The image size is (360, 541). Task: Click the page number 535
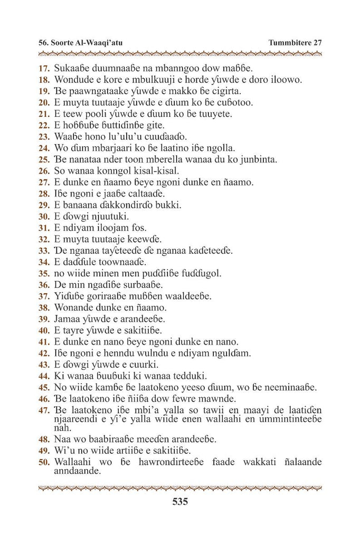click(x=180, y=501)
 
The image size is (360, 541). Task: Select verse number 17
click(x=44, y=68)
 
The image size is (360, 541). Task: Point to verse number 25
click(x=44, y=160)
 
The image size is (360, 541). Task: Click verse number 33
click(x=44, y=250)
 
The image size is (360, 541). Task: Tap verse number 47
click(x=44, y=410)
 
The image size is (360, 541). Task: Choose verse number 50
click(x=44, y=463)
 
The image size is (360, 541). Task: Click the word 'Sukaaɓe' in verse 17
click(x=72, y=68)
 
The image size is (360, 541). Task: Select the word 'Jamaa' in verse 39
click(x=67, y=319)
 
